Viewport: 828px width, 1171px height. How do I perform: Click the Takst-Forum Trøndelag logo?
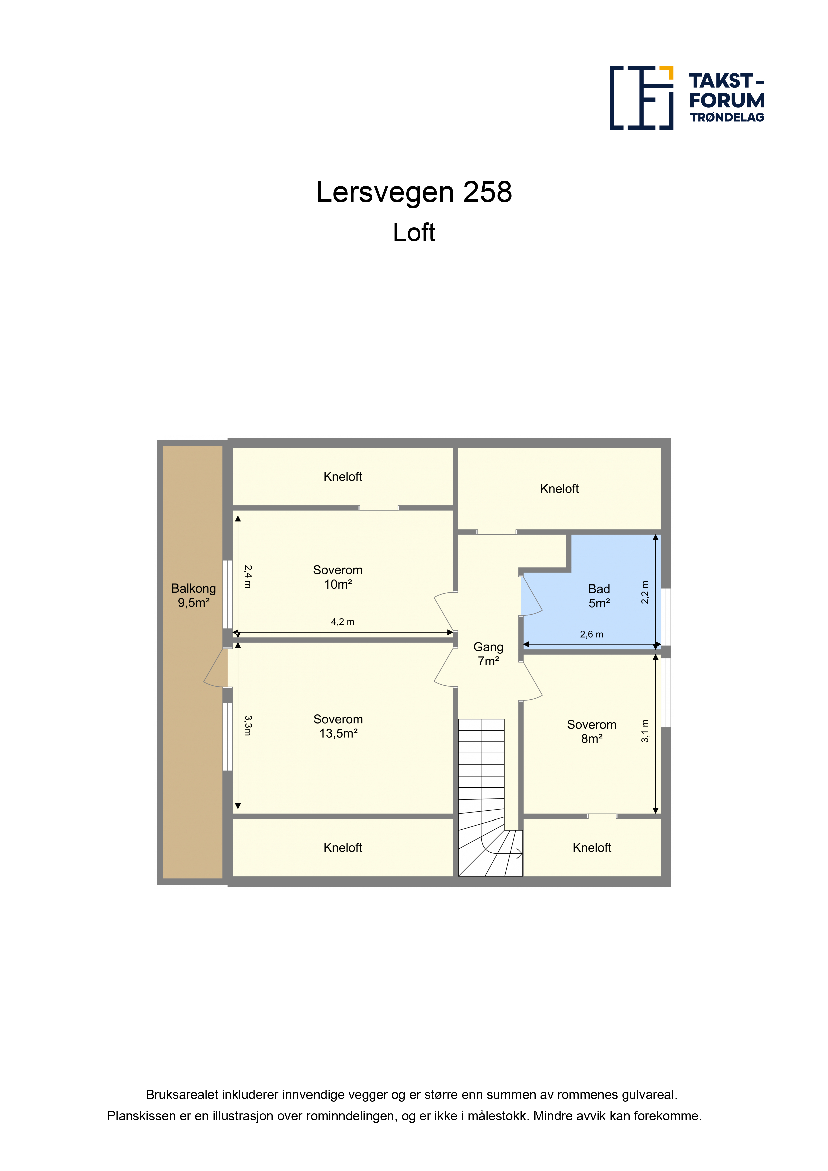687,97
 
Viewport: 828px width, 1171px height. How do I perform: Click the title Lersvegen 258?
414,192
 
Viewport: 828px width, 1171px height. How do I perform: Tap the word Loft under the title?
414,233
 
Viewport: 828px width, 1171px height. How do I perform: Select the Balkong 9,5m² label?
193,595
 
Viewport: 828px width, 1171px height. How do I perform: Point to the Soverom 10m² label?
338,577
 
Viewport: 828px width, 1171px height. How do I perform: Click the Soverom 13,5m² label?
338,726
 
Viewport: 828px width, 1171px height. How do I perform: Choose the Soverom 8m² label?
592,731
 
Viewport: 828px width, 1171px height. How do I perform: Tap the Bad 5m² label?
599,596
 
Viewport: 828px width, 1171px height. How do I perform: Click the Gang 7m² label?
488,654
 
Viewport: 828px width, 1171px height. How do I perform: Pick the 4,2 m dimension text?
342,622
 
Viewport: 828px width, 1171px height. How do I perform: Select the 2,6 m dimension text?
591,635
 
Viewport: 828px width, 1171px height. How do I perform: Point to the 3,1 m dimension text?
645,731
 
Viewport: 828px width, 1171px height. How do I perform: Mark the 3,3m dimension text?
248,725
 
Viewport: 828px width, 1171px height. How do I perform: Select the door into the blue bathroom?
531,595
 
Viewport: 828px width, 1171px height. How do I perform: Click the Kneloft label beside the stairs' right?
592,847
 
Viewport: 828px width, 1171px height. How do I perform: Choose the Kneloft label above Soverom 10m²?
343,476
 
